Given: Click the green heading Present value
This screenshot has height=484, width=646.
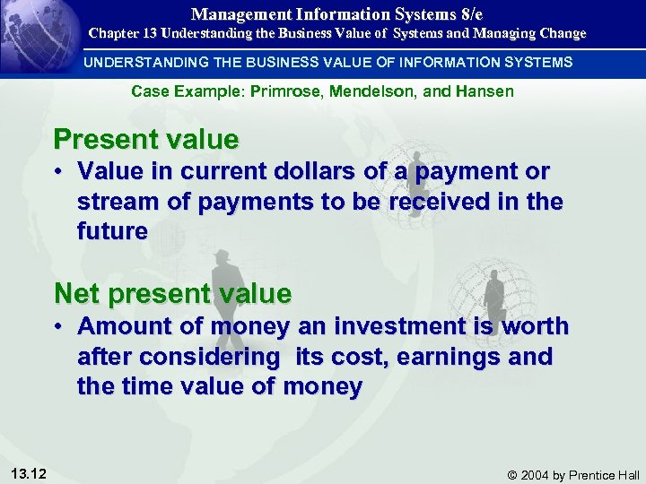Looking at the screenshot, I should [x=146, y=140].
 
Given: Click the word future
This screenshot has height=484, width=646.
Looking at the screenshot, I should [x=112, y=231].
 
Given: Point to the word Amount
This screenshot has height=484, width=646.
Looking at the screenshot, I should [x=120, y=326].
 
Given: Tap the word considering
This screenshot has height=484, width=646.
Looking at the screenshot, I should [x=179, y=357].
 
